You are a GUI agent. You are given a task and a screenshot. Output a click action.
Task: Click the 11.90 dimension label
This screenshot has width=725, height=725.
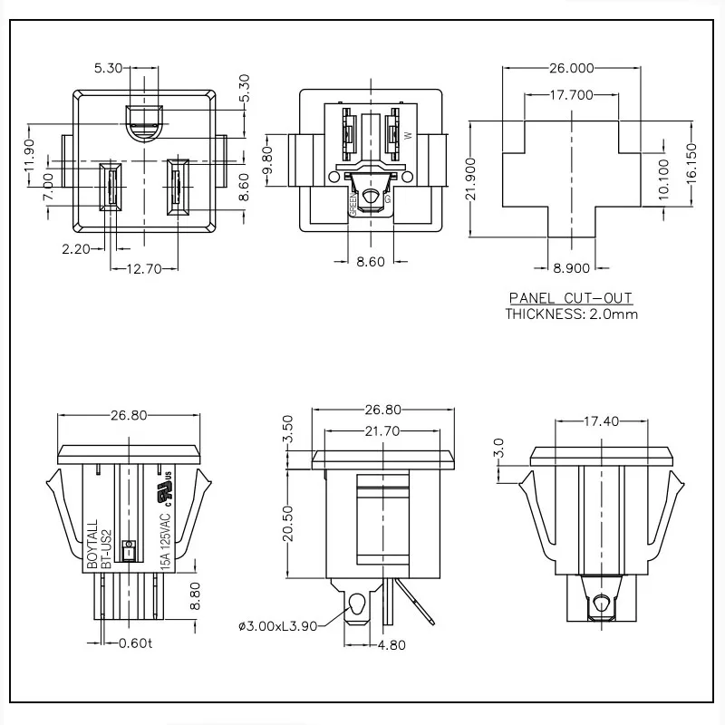pyautogui.click(x=29, y=155)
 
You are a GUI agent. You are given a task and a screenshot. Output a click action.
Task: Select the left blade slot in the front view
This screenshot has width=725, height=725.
pyautogui.click(x=111, y=185)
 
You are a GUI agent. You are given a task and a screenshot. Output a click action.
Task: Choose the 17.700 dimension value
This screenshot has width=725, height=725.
pyautogui.click(x=570, y=94)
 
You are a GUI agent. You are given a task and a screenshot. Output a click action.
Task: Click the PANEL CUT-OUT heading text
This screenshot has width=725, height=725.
pyautogui.click(x=570, y=298)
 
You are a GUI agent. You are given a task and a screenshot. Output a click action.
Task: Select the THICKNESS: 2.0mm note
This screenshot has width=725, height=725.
pyautogui.click(x=570, y=314)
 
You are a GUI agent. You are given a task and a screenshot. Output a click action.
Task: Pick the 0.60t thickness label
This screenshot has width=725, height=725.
pyautogui.click(x=138, y=644)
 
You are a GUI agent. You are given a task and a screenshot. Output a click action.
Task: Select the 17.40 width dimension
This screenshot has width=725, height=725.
pyautogui.click(x=601, y=422)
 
